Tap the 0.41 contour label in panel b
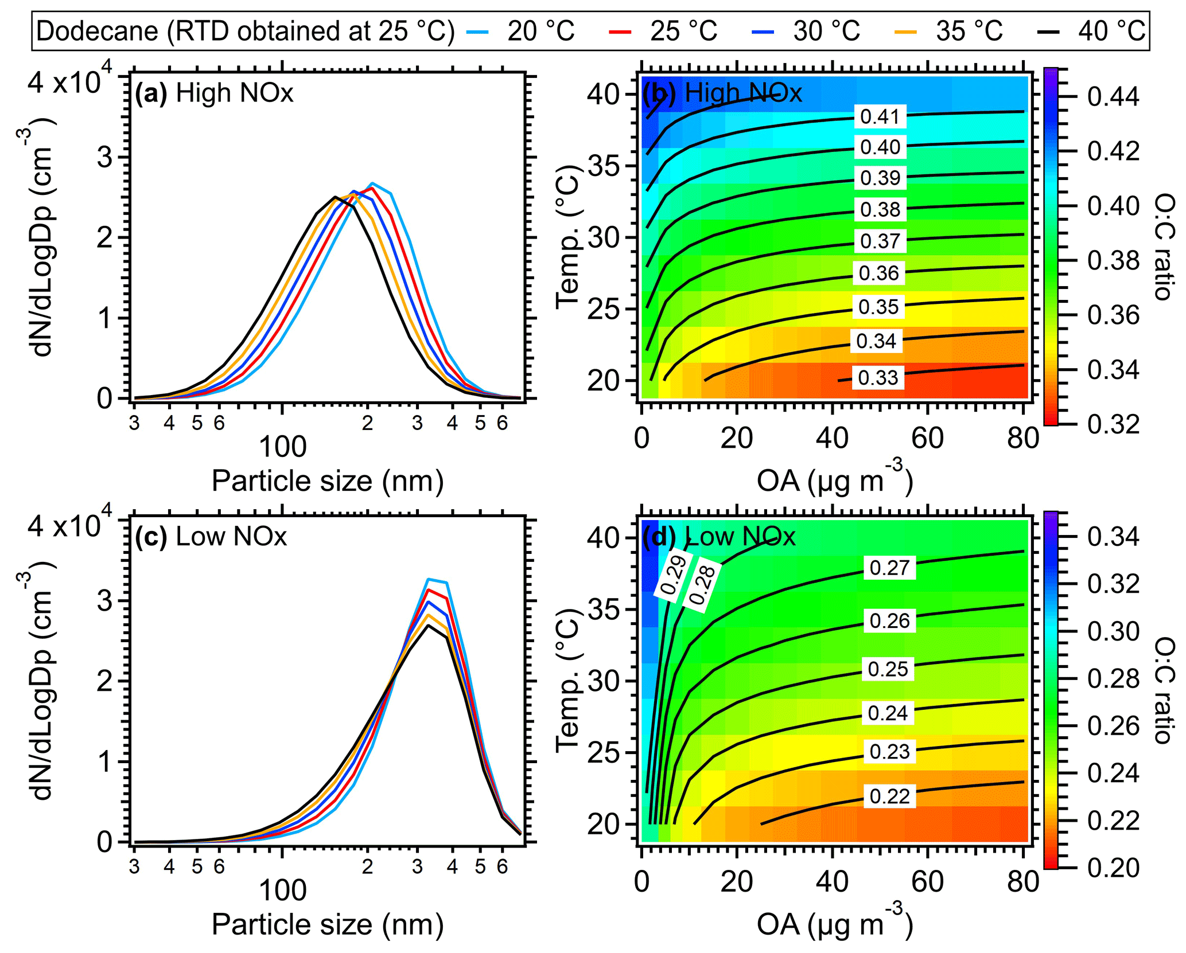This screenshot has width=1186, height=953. (880, 117)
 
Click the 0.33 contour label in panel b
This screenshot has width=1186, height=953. (878, 378)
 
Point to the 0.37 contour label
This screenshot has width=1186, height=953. (880, 241)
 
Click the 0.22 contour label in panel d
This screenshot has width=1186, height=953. (889, 796)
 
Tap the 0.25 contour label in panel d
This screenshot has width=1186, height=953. (888, 669)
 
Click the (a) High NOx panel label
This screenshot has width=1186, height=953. (214, 93)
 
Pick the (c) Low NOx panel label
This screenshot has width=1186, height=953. (211, 537)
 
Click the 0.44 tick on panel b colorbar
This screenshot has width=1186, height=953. (1113, 96)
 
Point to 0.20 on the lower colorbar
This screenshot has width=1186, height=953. (1113, 868)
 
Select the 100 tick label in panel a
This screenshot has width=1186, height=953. (283, 447)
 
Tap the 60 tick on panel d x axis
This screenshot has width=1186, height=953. (927, 882)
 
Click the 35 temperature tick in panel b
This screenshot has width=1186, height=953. (604, 166)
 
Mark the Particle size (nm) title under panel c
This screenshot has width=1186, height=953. (328, 924)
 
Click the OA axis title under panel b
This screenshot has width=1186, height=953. (834, 481)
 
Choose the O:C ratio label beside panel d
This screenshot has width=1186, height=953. (1164, 692)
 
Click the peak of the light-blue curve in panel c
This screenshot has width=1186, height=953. (428, 579)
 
